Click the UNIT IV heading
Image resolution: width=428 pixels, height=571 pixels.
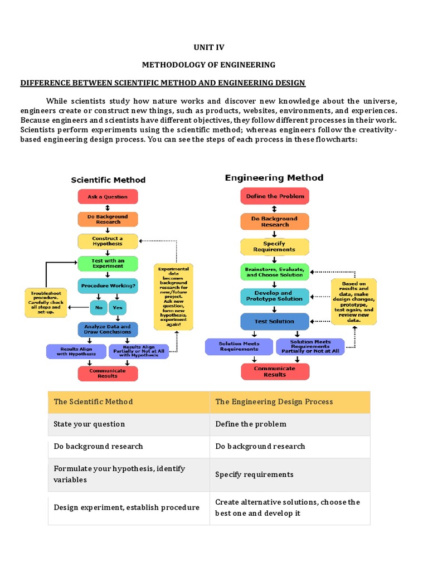208,47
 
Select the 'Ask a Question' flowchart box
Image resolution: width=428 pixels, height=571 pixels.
108,197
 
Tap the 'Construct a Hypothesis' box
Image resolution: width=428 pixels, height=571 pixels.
108,241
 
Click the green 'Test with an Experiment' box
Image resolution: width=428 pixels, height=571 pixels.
108,263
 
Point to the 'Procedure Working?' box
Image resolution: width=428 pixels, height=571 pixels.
108,285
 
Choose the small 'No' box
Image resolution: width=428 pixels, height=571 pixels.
99,307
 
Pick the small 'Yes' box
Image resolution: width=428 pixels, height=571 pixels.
118,307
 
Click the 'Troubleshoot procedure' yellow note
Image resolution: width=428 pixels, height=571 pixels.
45,302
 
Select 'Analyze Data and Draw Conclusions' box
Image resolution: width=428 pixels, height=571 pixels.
108,329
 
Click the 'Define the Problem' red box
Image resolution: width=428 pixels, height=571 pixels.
275,196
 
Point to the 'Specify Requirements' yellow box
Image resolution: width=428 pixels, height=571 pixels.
275,246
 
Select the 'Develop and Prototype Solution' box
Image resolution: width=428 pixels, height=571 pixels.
275,296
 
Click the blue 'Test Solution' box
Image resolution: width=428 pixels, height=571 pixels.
275,321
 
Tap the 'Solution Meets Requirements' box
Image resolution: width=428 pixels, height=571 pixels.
240,346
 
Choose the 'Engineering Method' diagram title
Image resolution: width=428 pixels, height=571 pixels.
274,178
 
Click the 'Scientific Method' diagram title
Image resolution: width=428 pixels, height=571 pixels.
108,180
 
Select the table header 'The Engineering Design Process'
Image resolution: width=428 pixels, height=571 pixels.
274,401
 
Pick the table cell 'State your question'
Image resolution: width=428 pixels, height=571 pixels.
89,424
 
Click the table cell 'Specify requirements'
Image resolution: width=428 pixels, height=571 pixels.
254,474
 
